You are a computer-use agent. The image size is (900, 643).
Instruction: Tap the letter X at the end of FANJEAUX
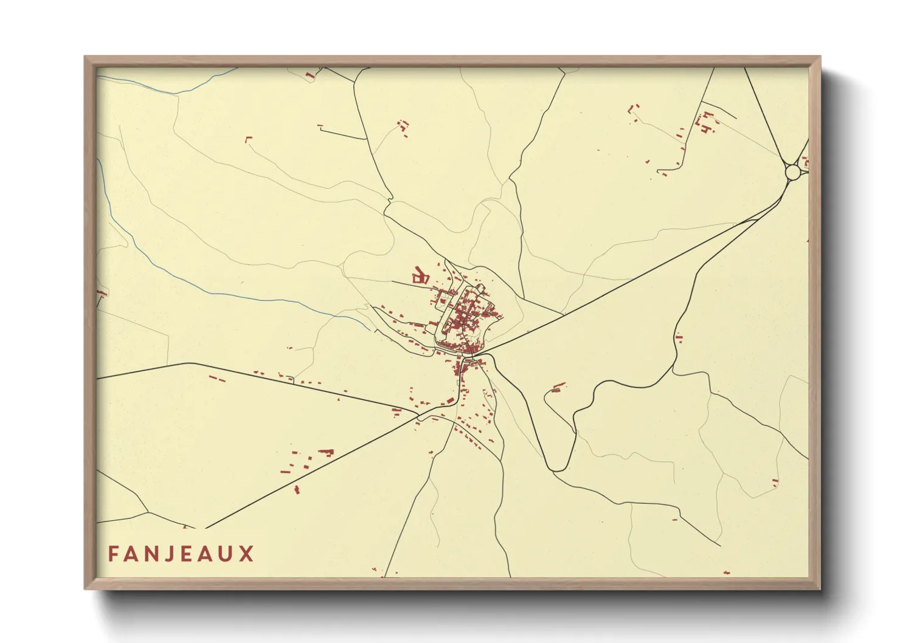click(x=246, y=554)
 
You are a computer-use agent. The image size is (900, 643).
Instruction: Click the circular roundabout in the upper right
click(x=793, y=173)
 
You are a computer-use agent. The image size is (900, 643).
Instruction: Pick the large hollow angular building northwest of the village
click(x=420, y=276)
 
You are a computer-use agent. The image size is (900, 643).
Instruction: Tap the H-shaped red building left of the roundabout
click(x=705, y=128)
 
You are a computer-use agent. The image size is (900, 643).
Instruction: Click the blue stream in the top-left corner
click(x=176, y=92)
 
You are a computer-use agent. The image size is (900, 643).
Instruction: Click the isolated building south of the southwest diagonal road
click(x=297, y=489)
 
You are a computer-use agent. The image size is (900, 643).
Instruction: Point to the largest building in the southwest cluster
click(x=327, y=452)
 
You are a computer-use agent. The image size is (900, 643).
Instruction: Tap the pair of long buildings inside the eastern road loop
click(x=558, y=387)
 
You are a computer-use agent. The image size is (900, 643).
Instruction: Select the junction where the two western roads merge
click(x=418, y=416)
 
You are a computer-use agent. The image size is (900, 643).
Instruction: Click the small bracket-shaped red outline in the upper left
click(x=247, y=139)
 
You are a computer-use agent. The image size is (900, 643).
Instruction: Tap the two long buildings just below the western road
click(x=217, y=379)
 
